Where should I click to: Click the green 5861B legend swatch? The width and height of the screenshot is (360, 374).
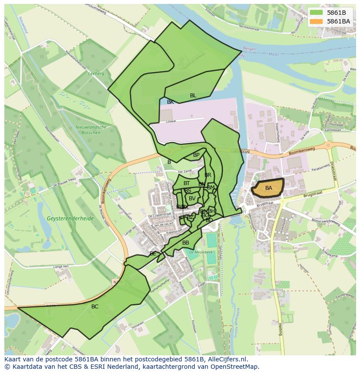coord(317,13)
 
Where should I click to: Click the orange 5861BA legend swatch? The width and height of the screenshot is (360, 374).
coord(317,21)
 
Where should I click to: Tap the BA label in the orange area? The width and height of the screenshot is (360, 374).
coord(269,188)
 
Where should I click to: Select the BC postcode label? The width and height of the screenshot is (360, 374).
coord(95,307)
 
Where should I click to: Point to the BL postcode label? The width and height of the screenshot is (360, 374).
coord(193,96)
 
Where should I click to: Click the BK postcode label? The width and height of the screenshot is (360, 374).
coord(170,102)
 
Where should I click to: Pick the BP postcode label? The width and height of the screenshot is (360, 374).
coord(196,155)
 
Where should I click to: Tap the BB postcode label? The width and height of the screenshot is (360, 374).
coord(186,243)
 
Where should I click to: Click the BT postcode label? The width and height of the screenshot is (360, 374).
coord(187,184)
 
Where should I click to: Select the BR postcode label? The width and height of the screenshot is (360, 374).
coord(208,175)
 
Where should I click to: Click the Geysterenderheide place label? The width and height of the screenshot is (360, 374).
coord(71,218)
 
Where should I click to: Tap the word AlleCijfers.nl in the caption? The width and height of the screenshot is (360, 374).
coord(227,360)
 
